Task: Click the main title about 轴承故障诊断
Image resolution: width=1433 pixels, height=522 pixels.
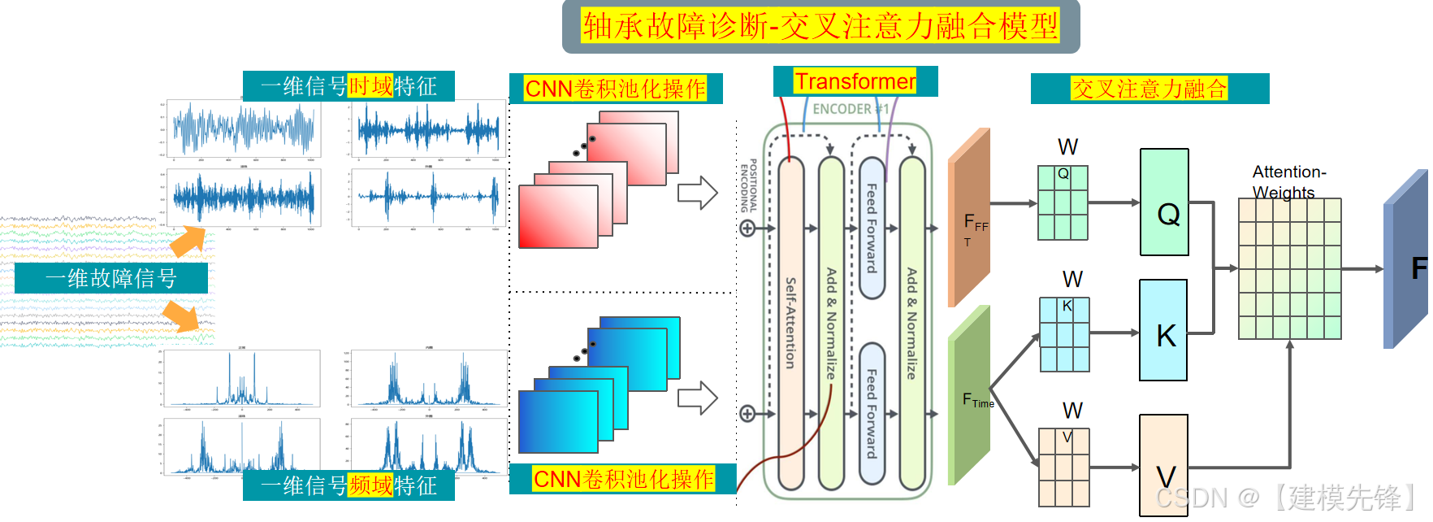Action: [x=820, y=26]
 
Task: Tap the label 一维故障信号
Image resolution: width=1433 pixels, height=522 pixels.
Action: [x=111, y=278]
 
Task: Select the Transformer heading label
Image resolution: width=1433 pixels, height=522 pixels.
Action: [x=855, y=81]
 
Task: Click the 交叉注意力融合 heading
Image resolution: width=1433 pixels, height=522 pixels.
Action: [x=1149, y=89]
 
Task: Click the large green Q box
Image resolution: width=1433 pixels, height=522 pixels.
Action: [x=1164, y=202]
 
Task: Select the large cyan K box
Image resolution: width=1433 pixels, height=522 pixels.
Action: [x=1163, y=330]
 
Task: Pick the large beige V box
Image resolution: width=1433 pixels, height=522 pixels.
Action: [x=1163, y=465]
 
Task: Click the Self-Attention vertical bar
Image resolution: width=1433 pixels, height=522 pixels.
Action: [x=790, y=323]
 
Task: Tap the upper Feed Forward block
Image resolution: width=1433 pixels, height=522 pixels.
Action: [x=872, y=228]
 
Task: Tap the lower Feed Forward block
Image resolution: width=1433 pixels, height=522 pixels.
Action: [x=872, y=413]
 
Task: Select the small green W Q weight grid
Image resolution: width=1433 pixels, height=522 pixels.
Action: [x=1063, y=203]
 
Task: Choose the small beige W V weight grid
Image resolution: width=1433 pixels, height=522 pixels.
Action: [x=1064, y=468]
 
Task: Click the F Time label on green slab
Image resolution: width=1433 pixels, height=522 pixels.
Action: [x=977, y=400]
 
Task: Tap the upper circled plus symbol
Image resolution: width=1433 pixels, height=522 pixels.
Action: [x=747, y=228]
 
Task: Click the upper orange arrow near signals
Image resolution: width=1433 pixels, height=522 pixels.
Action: [x=188, y=241]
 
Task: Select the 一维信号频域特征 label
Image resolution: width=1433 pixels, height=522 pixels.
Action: [x=349, y=485]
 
